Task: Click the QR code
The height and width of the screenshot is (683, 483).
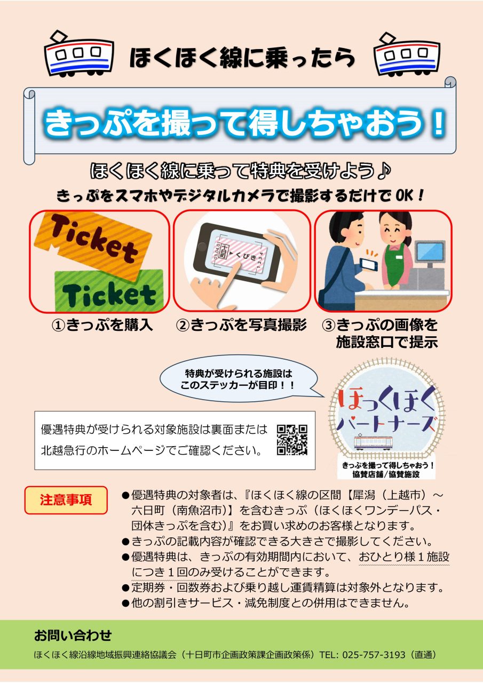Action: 292,440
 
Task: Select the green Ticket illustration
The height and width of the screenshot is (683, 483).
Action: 109,291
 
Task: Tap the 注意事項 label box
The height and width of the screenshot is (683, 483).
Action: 66,501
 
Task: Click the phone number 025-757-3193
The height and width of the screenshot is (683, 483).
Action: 374,655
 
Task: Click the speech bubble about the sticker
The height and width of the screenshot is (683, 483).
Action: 239,379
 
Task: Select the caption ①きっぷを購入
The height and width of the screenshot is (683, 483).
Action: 102,325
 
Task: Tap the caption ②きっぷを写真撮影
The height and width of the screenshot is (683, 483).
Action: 241,325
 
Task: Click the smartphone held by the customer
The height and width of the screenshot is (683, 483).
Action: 370,264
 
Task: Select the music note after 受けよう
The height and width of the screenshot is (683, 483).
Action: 384,171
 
